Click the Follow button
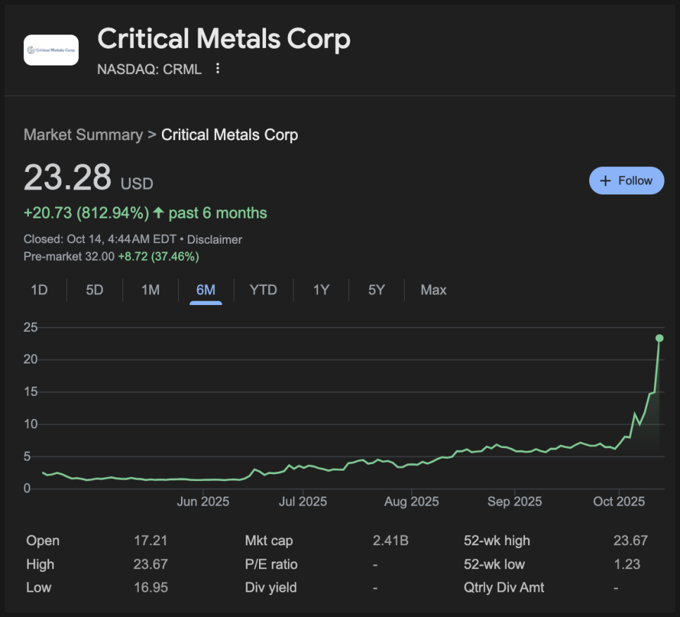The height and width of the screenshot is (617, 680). coord(626,180)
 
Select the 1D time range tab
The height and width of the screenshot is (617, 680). coord(39,290)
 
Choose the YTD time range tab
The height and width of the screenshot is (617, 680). coord(263,290)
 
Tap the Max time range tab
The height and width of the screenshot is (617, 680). coord(434,290)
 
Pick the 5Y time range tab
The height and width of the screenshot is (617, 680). coord(377,290)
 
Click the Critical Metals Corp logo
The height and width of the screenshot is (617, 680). coord(51,50)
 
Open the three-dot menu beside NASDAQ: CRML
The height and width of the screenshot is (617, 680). coord(218,68)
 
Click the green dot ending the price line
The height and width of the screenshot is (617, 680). coord(660,338)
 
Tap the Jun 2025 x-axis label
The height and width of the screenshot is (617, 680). coord(203,501)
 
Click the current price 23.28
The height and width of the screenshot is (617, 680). coord(68,177)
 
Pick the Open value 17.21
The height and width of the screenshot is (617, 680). coord(151,541)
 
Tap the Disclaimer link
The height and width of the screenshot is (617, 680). coord(215,239)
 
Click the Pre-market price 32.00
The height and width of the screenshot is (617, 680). coord(99,256)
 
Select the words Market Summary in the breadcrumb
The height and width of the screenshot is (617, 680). coord(83,135)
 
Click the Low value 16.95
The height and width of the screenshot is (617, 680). coord(151,587)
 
